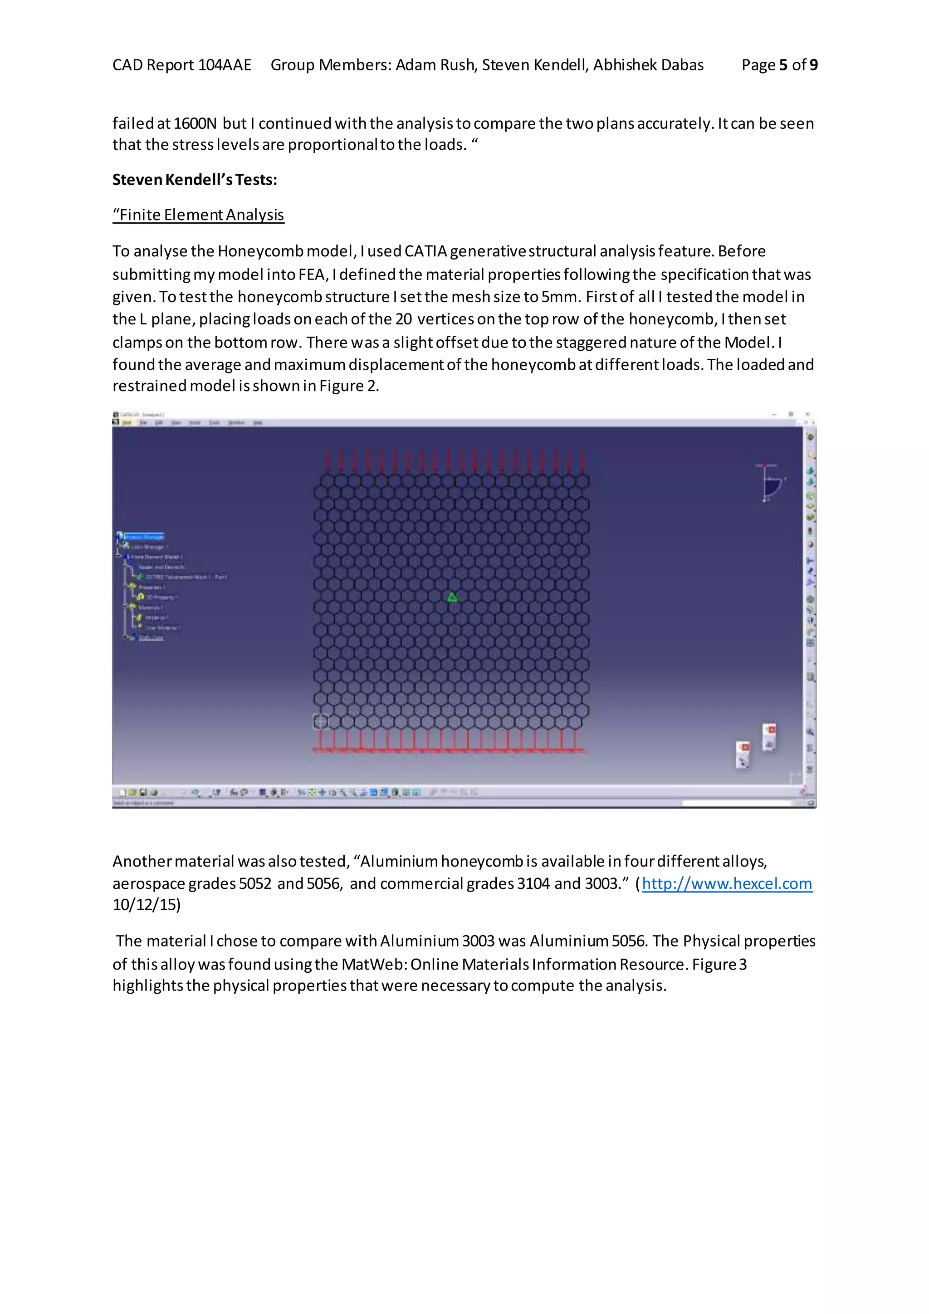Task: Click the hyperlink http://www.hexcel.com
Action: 727,883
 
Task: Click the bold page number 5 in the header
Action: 783,65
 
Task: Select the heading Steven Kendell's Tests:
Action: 195,180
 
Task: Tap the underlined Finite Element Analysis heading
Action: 198,215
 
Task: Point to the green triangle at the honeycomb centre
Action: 452,598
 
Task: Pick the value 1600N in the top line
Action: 195,123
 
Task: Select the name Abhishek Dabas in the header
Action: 648,65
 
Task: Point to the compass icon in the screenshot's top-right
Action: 769,482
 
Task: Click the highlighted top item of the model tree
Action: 144,537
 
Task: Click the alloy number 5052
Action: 255,883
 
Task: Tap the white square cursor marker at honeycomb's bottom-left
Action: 321,722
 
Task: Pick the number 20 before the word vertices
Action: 404,319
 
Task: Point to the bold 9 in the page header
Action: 813,65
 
